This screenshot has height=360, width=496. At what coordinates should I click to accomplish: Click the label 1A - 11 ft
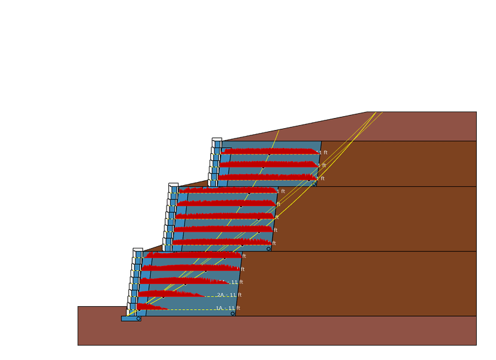[228, 308]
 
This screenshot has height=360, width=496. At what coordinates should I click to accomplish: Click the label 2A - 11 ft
[229, 295]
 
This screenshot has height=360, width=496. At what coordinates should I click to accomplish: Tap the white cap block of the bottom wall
[138, 249]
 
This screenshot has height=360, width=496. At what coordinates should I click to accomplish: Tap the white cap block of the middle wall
[173, 184]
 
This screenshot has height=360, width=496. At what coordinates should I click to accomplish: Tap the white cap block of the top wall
[217, 139]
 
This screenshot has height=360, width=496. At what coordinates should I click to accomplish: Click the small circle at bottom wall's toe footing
[138, 319]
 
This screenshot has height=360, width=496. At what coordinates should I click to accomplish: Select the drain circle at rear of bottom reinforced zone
[232, 313]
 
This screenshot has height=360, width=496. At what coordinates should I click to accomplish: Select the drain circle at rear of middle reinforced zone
[268, 249]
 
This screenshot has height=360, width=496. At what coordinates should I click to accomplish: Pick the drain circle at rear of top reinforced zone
[313, 184]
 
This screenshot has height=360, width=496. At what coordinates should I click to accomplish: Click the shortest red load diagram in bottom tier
[150, 307]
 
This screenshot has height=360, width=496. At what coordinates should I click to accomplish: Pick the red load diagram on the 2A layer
[168, 294]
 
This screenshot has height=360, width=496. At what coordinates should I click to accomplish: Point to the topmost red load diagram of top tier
[270, 152]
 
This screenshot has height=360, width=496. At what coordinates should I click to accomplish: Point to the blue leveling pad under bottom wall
[130, 319]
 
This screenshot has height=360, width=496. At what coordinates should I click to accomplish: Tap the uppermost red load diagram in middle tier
[228, 190]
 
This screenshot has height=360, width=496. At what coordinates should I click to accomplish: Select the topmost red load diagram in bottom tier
[192, 255]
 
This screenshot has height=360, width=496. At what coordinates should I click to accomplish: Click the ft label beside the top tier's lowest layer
[322, 179]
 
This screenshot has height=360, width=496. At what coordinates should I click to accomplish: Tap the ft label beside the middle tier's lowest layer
[274, 243]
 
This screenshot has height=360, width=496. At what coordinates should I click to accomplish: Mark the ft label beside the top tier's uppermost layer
[325, 153]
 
